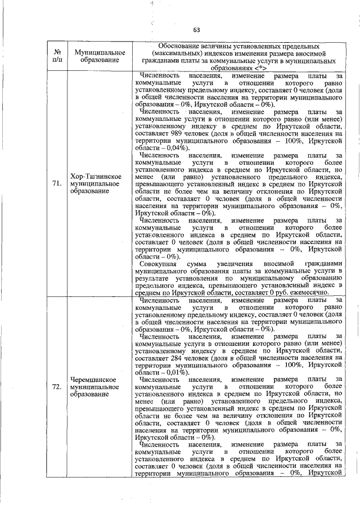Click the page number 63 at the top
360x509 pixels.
[x=196, y=30]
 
